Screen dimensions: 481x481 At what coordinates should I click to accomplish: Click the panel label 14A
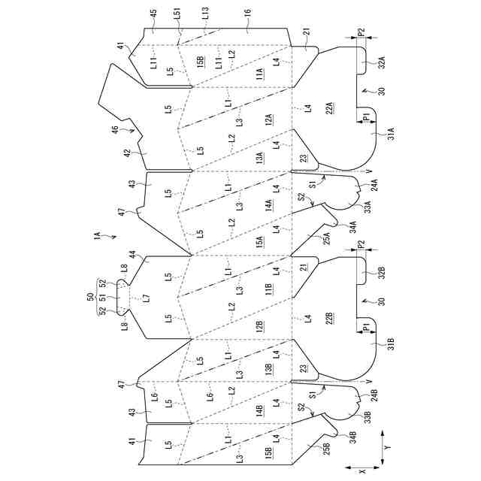tap(268, 205)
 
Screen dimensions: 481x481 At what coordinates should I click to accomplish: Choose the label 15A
tap(259, 242)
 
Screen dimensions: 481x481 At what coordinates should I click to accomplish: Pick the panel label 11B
tap(268, 288)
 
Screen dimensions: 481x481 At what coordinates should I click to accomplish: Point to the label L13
tap(205, 14)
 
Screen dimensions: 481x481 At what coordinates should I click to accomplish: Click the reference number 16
tap(248, 14)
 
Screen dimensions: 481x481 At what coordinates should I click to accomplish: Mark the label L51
tap(177, 14)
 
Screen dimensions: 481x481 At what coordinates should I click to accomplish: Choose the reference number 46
tap(114, 129)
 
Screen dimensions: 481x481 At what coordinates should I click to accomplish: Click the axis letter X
tap(362, 470)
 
